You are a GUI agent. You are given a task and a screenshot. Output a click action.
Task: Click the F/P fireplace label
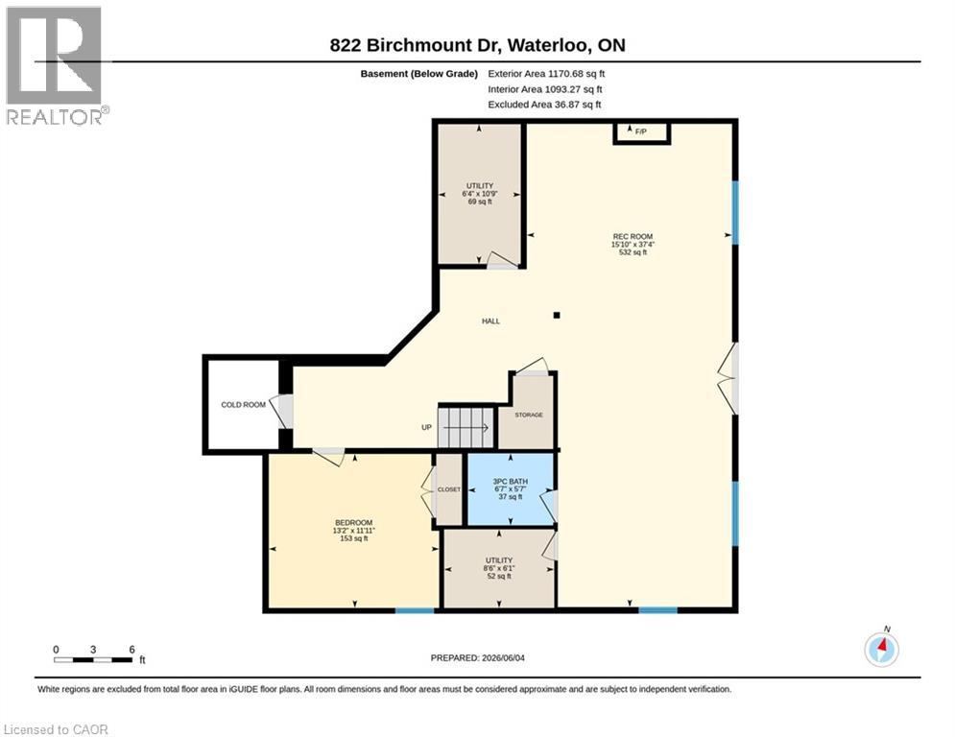tap(641, 131)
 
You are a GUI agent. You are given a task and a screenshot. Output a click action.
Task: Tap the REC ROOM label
tap(633, 236)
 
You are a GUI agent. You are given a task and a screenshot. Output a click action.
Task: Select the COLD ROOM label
tap(243, 404)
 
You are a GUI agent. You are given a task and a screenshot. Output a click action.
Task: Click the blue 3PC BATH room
tap(511, 489)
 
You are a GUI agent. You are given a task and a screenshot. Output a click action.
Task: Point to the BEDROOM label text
tap(353, 523)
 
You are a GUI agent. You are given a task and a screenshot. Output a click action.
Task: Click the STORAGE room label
tap(529, 415)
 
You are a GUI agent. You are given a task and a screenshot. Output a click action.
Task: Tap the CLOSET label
tap(449, 489)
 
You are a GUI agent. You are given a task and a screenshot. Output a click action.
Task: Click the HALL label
tap(490, 321)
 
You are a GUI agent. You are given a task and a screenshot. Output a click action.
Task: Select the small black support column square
tap(557, 315)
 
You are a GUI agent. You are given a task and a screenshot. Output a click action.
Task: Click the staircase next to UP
tap(466, 426)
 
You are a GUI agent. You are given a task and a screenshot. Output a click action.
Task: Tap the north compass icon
tap(882, 649)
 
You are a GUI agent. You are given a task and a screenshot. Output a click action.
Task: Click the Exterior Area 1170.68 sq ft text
tap(546, 74)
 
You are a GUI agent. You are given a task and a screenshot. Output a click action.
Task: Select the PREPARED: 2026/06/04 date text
tap(478, 657)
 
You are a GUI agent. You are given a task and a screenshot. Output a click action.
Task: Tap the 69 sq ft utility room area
tap(480, 202)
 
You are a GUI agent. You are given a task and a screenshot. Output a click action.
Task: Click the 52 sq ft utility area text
tap(499, 576)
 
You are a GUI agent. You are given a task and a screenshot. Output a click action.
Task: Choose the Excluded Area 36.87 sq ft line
tap(544, 105)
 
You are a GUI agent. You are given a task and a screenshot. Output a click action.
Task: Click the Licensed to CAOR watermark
tap(56, 729)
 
